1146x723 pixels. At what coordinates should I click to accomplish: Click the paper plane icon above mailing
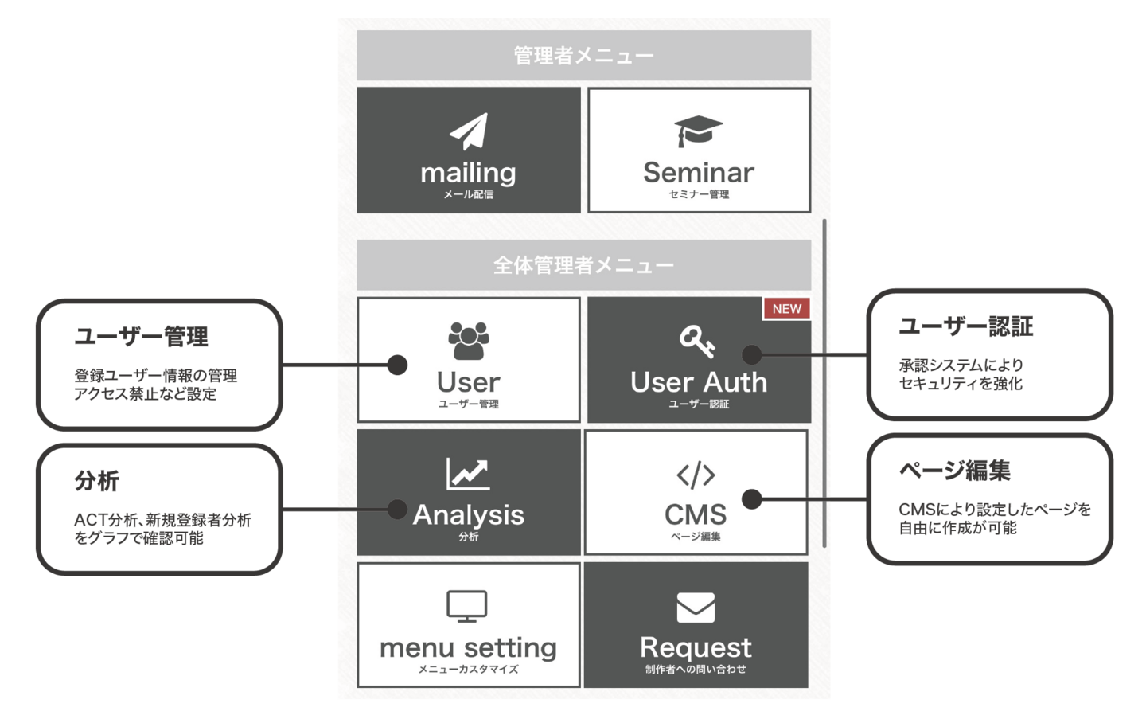pos(469,132)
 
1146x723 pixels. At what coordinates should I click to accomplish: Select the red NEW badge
pos(786,309)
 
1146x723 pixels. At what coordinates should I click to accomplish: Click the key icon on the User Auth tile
pos(696,342)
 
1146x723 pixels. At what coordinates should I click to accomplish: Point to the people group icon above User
pos(469,341)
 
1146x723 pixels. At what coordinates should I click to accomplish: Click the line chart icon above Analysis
pos(468,474)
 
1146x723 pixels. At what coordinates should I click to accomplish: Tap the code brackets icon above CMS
pos(696,475)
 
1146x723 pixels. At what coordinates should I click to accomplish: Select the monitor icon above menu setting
pos(467,607)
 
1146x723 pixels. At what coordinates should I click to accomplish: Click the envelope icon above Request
pos(696,608)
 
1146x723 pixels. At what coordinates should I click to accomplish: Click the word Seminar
pos(698,173)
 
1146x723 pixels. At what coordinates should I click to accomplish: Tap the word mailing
pos(468,174)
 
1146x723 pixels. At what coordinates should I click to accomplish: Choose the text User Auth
pos(698,383)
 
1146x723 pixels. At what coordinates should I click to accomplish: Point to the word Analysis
pos(469,515)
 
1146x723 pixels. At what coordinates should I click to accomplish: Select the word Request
pos(696,647)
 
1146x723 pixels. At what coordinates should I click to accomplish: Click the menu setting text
pos(468,648)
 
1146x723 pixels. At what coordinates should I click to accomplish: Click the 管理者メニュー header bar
pos(583,56)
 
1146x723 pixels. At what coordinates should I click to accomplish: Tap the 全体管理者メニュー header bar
pos(583,265)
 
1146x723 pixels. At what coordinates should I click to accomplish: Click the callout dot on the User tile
pos(397,365)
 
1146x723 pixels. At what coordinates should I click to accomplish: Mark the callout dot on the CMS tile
pos(752,499)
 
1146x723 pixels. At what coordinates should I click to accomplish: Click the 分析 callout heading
pos(97,481)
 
